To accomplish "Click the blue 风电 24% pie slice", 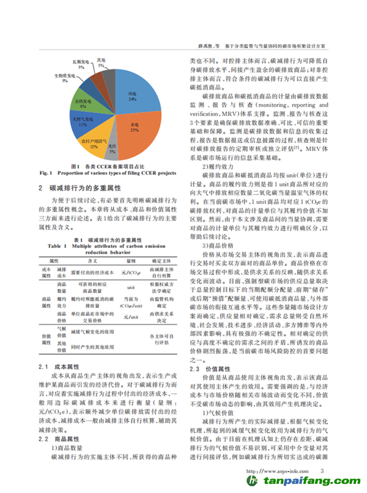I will click(x=134, y=95).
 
